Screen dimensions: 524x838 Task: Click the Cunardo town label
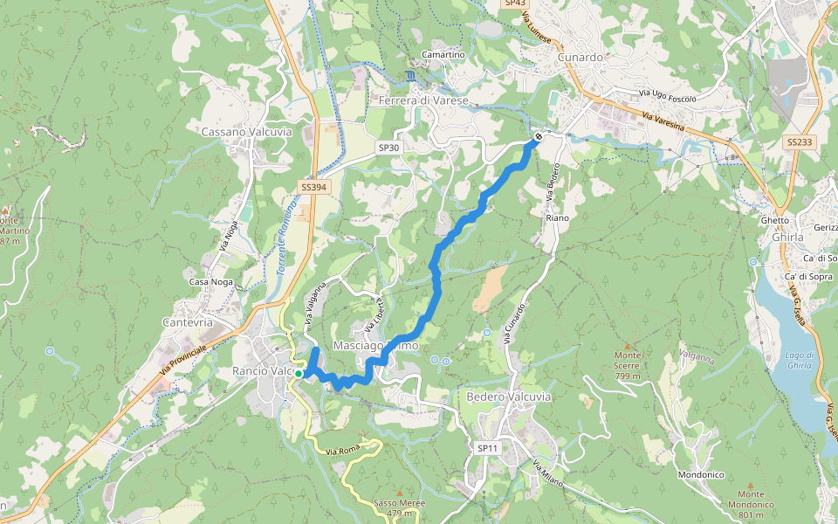580,58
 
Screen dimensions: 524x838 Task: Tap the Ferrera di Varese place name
423,101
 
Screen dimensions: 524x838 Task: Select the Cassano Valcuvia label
246,132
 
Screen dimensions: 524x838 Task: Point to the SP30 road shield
388,148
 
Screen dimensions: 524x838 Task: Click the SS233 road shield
799,141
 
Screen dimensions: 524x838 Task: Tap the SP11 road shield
487,448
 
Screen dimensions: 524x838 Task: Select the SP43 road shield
513,4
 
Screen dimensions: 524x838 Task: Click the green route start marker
299,374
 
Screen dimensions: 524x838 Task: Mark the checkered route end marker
539,135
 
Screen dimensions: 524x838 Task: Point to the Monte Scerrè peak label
627,359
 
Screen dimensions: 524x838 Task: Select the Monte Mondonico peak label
750,499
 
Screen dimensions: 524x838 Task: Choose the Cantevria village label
188,322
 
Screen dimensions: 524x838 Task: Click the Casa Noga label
210,282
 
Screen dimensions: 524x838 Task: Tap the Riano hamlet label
557,217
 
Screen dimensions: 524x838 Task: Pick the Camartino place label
443,55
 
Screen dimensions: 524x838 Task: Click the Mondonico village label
701,475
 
